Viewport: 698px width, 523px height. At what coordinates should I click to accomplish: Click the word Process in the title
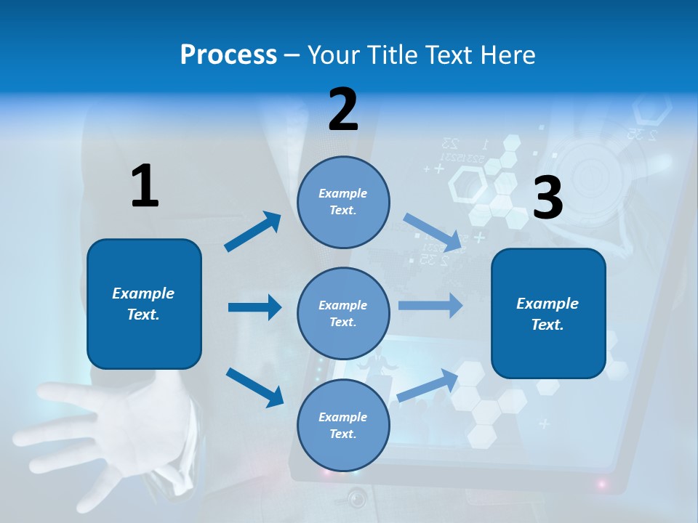click(228, 54)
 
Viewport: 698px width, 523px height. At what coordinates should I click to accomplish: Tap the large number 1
click(145, 186)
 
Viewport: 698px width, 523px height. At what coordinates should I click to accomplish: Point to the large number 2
click(343, 110)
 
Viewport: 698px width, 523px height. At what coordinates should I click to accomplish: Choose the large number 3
click(547, 198)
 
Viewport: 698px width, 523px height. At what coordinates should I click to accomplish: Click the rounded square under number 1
click(144, 304)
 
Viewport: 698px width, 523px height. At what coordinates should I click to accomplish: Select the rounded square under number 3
click(548, 313)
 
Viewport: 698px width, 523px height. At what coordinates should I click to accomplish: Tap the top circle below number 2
click(343, 202)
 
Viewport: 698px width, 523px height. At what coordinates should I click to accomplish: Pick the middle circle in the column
click(343, 313)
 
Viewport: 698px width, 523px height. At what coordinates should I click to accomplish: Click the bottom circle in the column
click(343, 425)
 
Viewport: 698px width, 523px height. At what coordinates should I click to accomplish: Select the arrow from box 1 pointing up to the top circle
click(253, 232)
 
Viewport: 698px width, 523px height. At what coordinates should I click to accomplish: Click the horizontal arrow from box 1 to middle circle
click(254, 307)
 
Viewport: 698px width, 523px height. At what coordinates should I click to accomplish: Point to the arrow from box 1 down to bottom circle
click(254, 386)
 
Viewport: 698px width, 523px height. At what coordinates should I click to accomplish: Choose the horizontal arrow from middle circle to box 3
click(430, 305)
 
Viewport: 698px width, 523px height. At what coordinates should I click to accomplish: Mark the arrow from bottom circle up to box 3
click(428, 385)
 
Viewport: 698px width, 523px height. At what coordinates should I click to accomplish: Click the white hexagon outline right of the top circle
click(468, 185)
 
